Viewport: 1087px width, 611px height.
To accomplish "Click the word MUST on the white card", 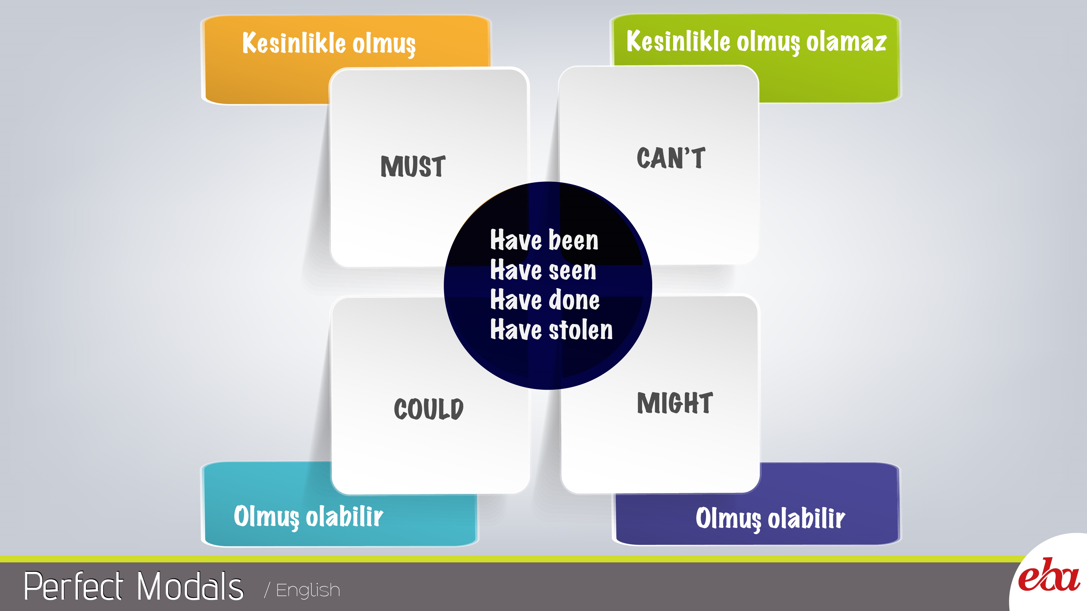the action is [x=413, y=166].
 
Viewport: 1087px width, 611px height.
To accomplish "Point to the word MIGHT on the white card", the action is [x=675, y=403].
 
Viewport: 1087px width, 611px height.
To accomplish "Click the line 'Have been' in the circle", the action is [x=544, y=240].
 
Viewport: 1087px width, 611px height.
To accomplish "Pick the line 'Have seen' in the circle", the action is [x=543, y=270].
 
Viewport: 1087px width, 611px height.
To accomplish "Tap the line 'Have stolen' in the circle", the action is [x=551, y=329].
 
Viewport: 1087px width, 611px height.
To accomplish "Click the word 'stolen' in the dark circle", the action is [x=581, y=329].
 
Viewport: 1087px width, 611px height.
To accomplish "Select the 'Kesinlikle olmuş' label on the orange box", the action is [x=329, y=43].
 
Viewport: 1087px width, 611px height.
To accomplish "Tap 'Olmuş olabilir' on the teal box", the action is [x=308, y=516].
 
